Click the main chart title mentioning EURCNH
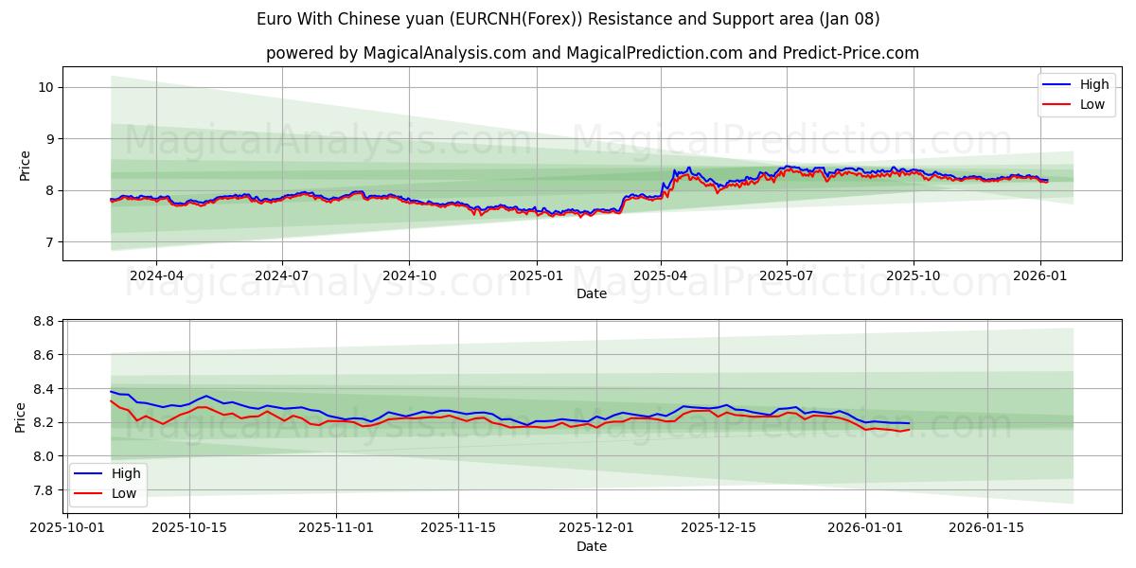[568, 19]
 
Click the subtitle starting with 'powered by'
[592, 53]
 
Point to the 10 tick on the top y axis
[44, 87]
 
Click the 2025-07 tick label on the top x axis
[787, 275]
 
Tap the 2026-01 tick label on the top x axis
[1040, 275]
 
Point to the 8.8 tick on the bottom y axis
[42, 322]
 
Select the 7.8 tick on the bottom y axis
[42, 490]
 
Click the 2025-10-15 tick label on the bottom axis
[189, 527]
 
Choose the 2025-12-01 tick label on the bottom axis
[595, 527]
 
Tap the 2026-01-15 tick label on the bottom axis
[987, 527]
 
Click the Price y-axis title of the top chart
[25, 165]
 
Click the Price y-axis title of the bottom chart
[20, 417]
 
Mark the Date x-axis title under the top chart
[592, 293]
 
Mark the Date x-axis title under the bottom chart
[592, 546]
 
